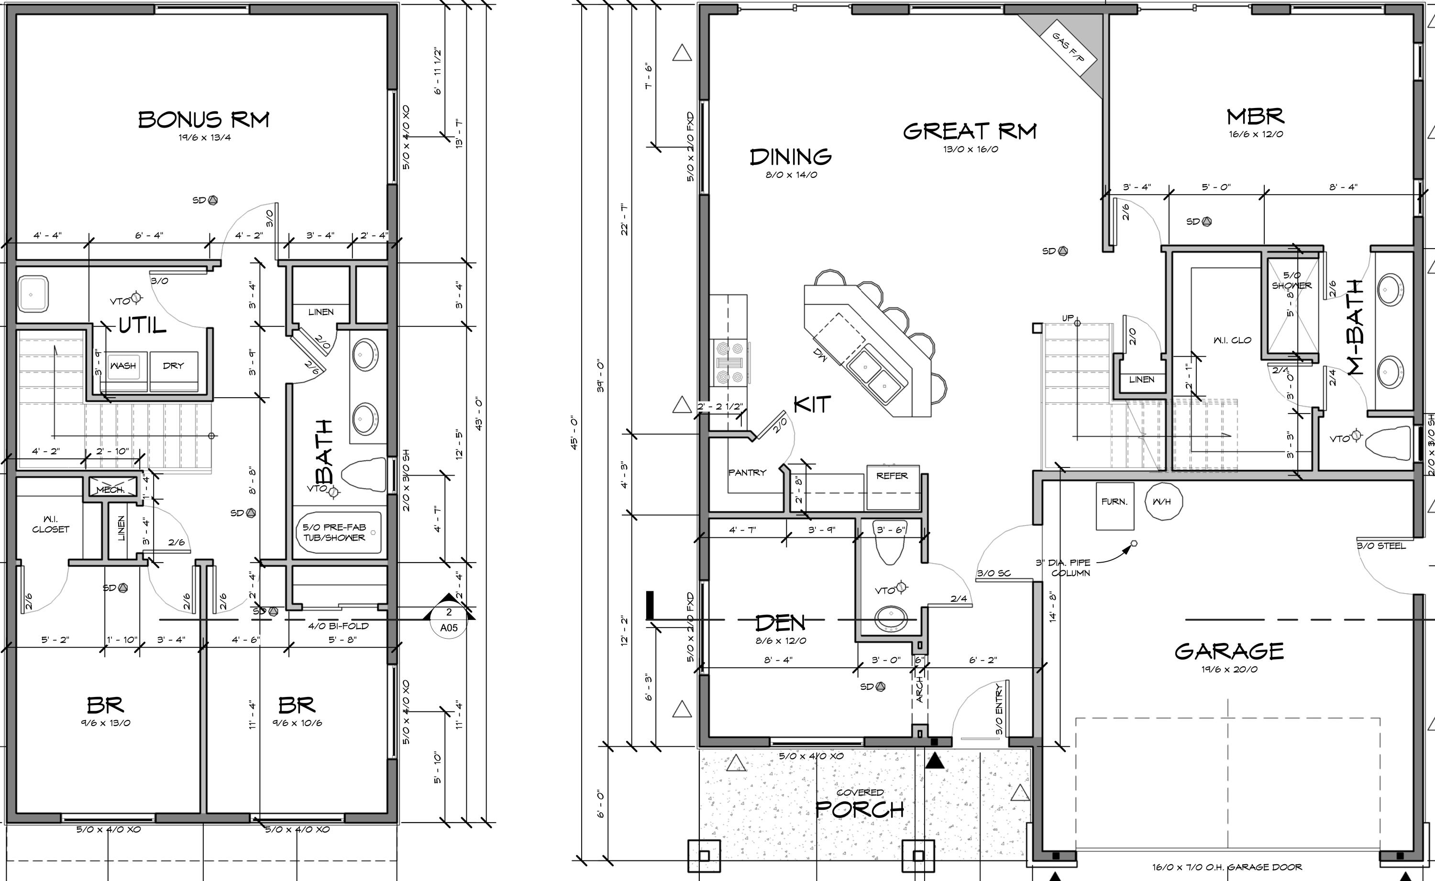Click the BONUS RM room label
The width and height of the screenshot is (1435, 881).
point(204,120)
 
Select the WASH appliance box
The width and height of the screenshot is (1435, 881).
point(123,366)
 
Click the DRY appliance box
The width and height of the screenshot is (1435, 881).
point(173,366)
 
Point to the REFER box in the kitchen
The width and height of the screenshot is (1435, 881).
point(892,476)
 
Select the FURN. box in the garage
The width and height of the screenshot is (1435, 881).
point(1115,501)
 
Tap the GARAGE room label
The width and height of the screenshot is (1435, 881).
point(1229,651)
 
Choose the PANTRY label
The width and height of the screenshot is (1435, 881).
point(747,473)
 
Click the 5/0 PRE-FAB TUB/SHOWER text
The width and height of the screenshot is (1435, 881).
point(334,533)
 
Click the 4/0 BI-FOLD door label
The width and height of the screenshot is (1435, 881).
point(339,626)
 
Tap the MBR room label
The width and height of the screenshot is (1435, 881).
point(1255,117)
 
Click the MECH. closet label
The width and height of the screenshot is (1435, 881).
point(111,490)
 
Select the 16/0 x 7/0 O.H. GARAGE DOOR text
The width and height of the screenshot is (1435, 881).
point(1226,867)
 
